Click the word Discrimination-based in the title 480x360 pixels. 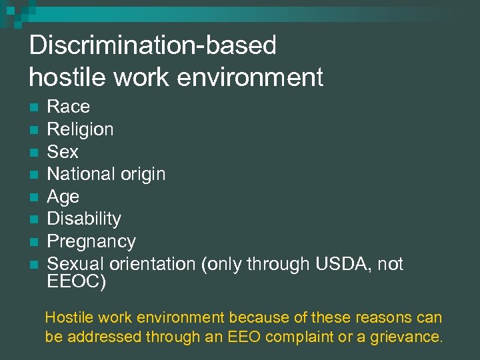(x=153, y=45)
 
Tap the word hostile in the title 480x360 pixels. (x=63, y=77)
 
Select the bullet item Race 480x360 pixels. (x=68, y=107)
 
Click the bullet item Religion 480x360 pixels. (x=80, y=129)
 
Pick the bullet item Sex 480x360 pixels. (x=63, y=151)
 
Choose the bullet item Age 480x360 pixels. (x=63, y=197)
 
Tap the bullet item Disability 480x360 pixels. (x=84, y=219)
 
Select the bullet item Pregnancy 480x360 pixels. (x=91, y=241)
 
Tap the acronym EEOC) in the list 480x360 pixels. (x=76, y=281)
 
